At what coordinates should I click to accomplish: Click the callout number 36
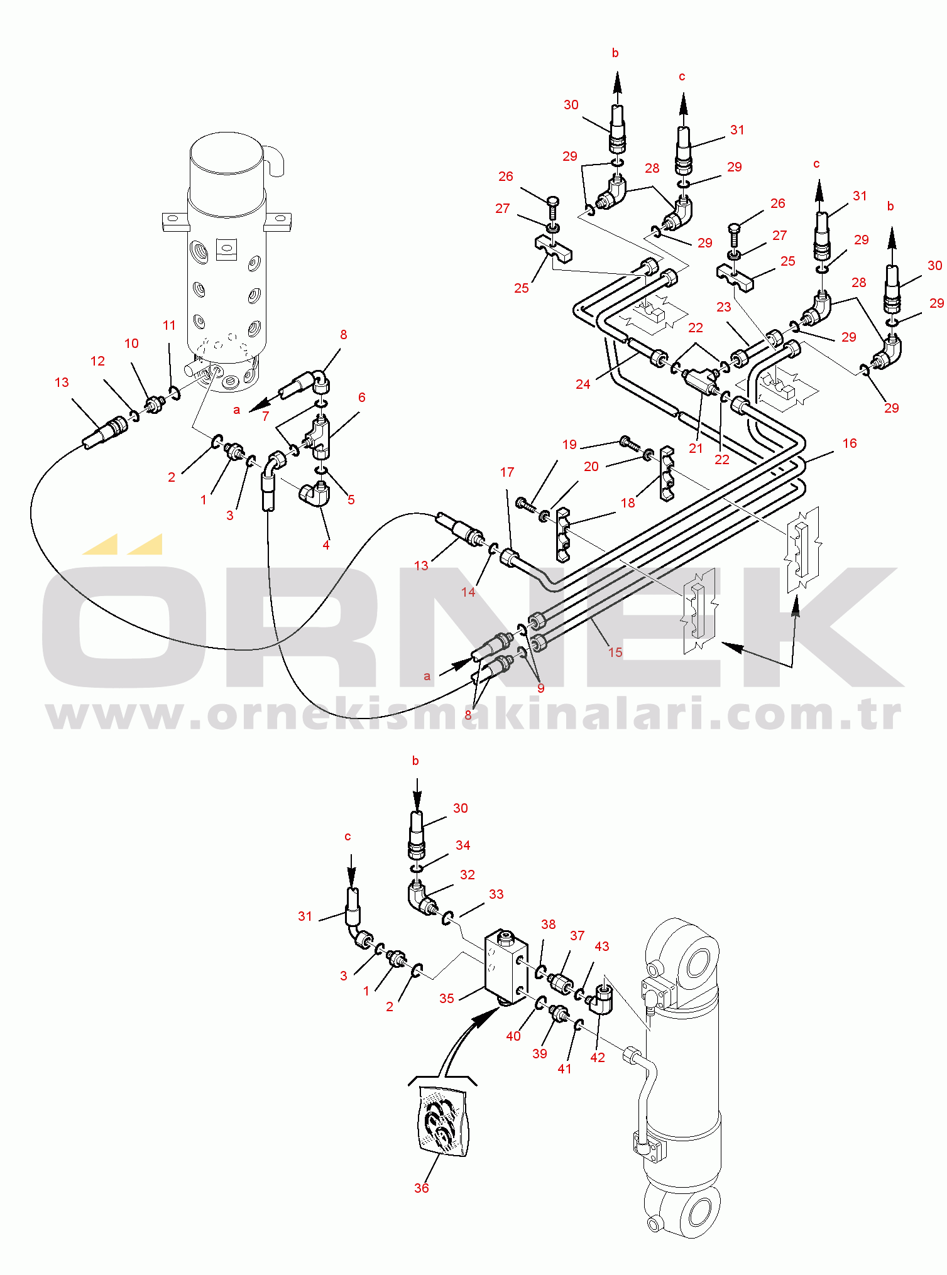point(422,1188)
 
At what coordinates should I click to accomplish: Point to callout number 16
point(850,443)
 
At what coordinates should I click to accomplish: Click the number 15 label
point(615,652)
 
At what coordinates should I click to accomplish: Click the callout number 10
point(131,344)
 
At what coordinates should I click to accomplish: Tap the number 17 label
point(507,472)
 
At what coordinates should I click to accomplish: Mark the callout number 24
point(583,384)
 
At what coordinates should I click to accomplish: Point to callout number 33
point(496,894)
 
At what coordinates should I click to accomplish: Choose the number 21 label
point(696,448)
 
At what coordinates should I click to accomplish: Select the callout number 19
point(569,445)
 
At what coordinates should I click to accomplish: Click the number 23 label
point(724,307)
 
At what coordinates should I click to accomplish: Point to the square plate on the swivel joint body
point(226,249)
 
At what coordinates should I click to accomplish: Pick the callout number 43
point(602,946)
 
